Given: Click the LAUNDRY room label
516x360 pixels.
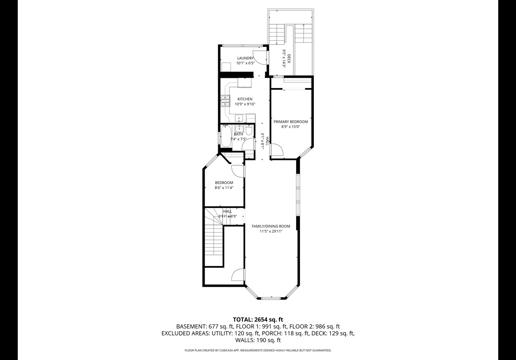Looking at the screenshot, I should [x=245, y=58].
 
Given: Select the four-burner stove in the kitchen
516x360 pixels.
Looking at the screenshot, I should [x=225, y=101].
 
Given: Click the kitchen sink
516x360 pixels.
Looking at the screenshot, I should [x=239, y=118].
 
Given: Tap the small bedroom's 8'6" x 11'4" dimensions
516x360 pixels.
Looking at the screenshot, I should [x=224, y=188].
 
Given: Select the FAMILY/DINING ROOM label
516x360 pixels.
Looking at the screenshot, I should [x=271, y=226].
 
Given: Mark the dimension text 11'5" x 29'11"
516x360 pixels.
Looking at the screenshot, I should [x=271, y=231].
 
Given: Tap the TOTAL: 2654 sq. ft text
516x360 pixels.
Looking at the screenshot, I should [x=258, y=319].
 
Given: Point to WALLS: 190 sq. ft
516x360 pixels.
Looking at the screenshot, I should [x=258, y=340].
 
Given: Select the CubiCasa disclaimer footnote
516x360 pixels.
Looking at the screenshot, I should [x=258, y=350].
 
